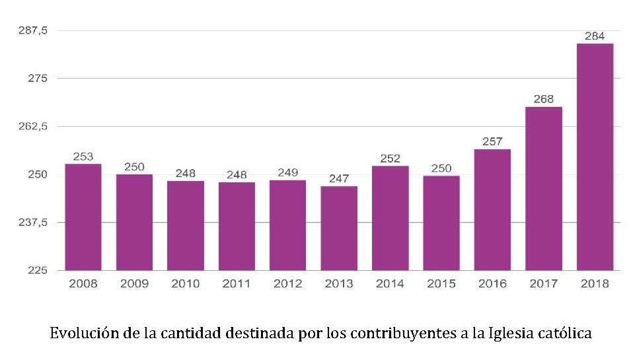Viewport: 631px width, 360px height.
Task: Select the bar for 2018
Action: pos(595,157)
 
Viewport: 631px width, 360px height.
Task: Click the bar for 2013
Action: pos(339,228)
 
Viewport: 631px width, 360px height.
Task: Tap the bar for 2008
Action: pos(83,217)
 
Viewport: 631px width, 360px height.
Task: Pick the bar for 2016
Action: pos(492,209)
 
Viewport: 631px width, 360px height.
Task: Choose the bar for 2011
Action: pos(237,226)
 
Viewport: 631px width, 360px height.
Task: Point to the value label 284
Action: pos(595,36)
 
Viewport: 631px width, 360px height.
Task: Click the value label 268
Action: pos(544,99)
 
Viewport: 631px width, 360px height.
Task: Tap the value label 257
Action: pos(492,141)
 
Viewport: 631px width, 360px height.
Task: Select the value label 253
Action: pos(83,157)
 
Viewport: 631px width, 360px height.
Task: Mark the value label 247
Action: pos(339,178)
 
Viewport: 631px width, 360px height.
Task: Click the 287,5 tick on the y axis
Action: pos(32,30)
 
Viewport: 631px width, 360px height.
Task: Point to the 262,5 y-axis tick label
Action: pos(32,126)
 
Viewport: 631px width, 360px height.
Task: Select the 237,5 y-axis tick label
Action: pos(32,223)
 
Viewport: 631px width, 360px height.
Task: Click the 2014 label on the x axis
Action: pos(390,284)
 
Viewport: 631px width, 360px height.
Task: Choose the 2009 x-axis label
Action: pos(134,284)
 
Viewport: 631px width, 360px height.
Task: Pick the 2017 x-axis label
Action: pos(544,284)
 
